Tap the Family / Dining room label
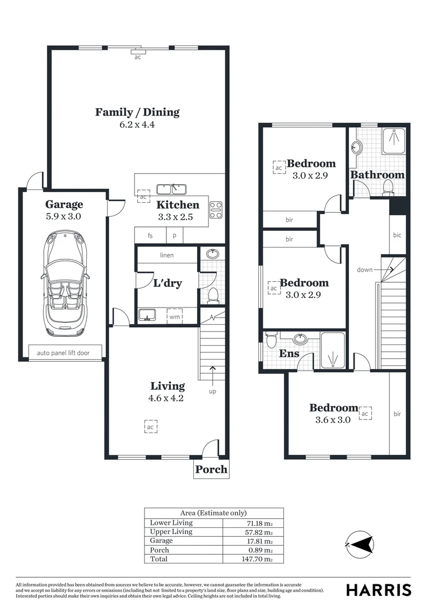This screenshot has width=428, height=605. coord(137,112)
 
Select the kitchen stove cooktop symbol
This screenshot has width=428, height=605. coord(216,210)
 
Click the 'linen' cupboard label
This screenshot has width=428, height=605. coord(167,255)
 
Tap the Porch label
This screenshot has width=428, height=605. coord(212,469)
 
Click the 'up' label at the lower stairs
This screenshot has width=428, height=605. coord(212,391)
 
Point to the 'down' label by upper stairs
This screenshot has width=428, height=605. coord(365,269)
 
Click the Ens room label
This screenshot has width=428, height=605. coord(289,353)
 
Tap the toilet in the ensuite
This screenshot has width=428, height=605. coord(272,339)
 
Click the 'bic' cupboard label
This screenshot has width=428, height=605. coord(397,235)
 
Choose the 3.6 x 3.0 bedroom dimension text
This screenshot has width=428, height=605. coord(334,420)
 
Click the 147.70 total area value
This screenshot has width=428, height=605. coord(260,559)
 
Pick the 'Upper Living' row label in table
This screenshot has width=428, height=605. coord(171,532)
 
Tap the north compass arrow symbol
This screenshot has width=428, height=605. coord(360,543)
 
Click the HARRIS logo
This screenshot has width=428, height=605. coord(378,589)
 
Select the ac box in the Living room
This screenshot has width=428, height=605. coord(150,426)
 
